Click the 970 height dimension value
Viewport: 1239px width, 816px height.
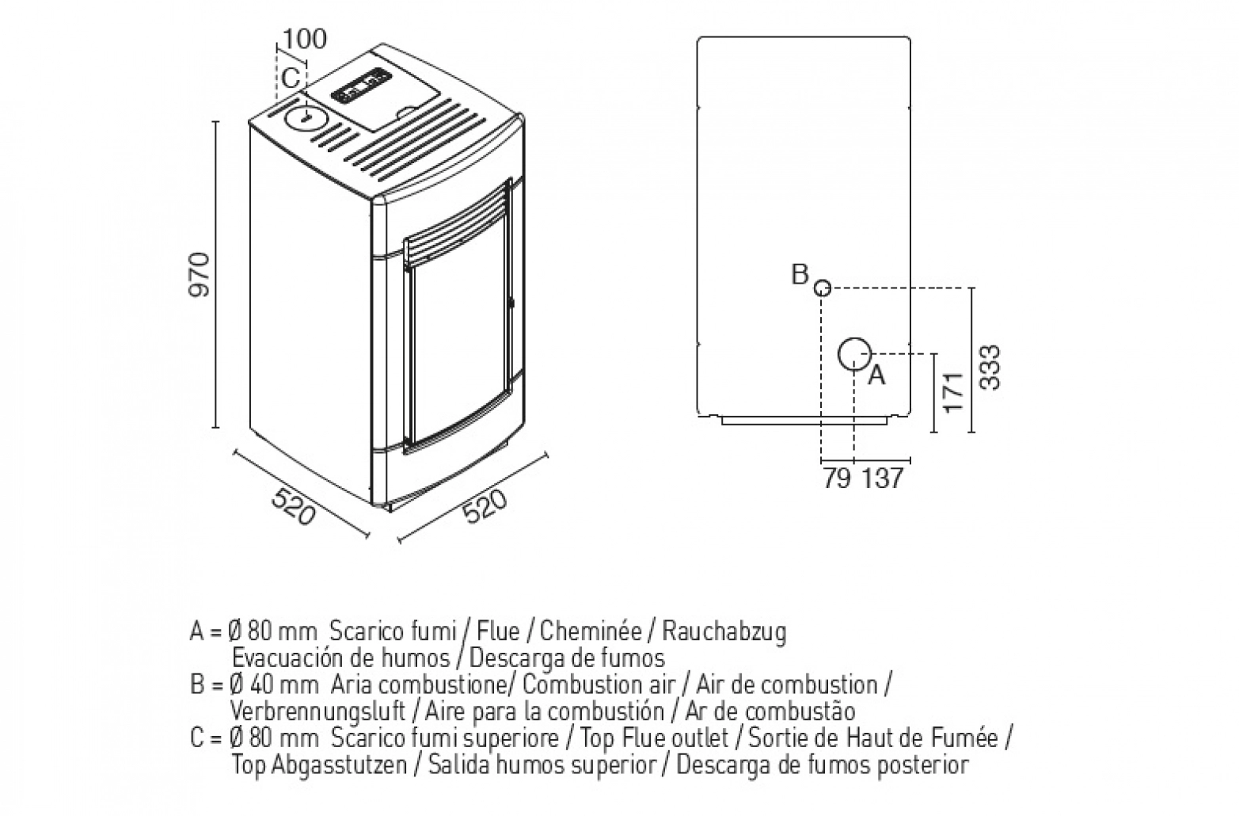(200, 275)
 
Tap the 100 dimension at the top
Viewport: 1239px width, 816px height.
(305, 40)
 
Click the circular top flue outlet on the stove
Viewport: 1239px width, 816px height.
(306, 119)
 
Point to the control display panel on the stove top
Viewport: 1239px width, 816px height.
(361, 86)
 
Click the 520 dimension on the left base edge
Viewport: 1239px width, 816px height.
(294, 507)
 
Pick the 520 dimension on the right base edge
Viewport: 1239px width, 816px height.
(485, 506)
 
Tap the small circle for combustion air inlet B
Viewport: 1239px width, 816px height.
(823, 288)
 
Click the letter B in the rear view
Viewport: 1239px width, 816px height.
(800, 274)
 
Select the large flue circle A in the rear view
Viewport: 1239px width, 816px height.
(854, 354)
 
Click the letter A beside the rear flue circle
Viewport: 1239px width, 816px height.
(876, 375)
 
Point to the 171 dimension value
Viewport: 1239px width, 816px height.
(953, 392)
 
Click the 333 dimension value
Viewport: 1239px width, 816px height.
(990, 368)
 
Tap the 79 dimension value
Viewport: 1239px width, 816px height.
(837, 479)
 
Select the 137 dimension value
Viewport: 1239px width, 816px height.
(882, 479)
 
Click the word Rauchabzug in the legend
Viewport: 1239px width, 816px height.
(724, 631)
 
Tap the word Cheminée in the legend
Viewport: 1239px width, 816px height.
(591, 631)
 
